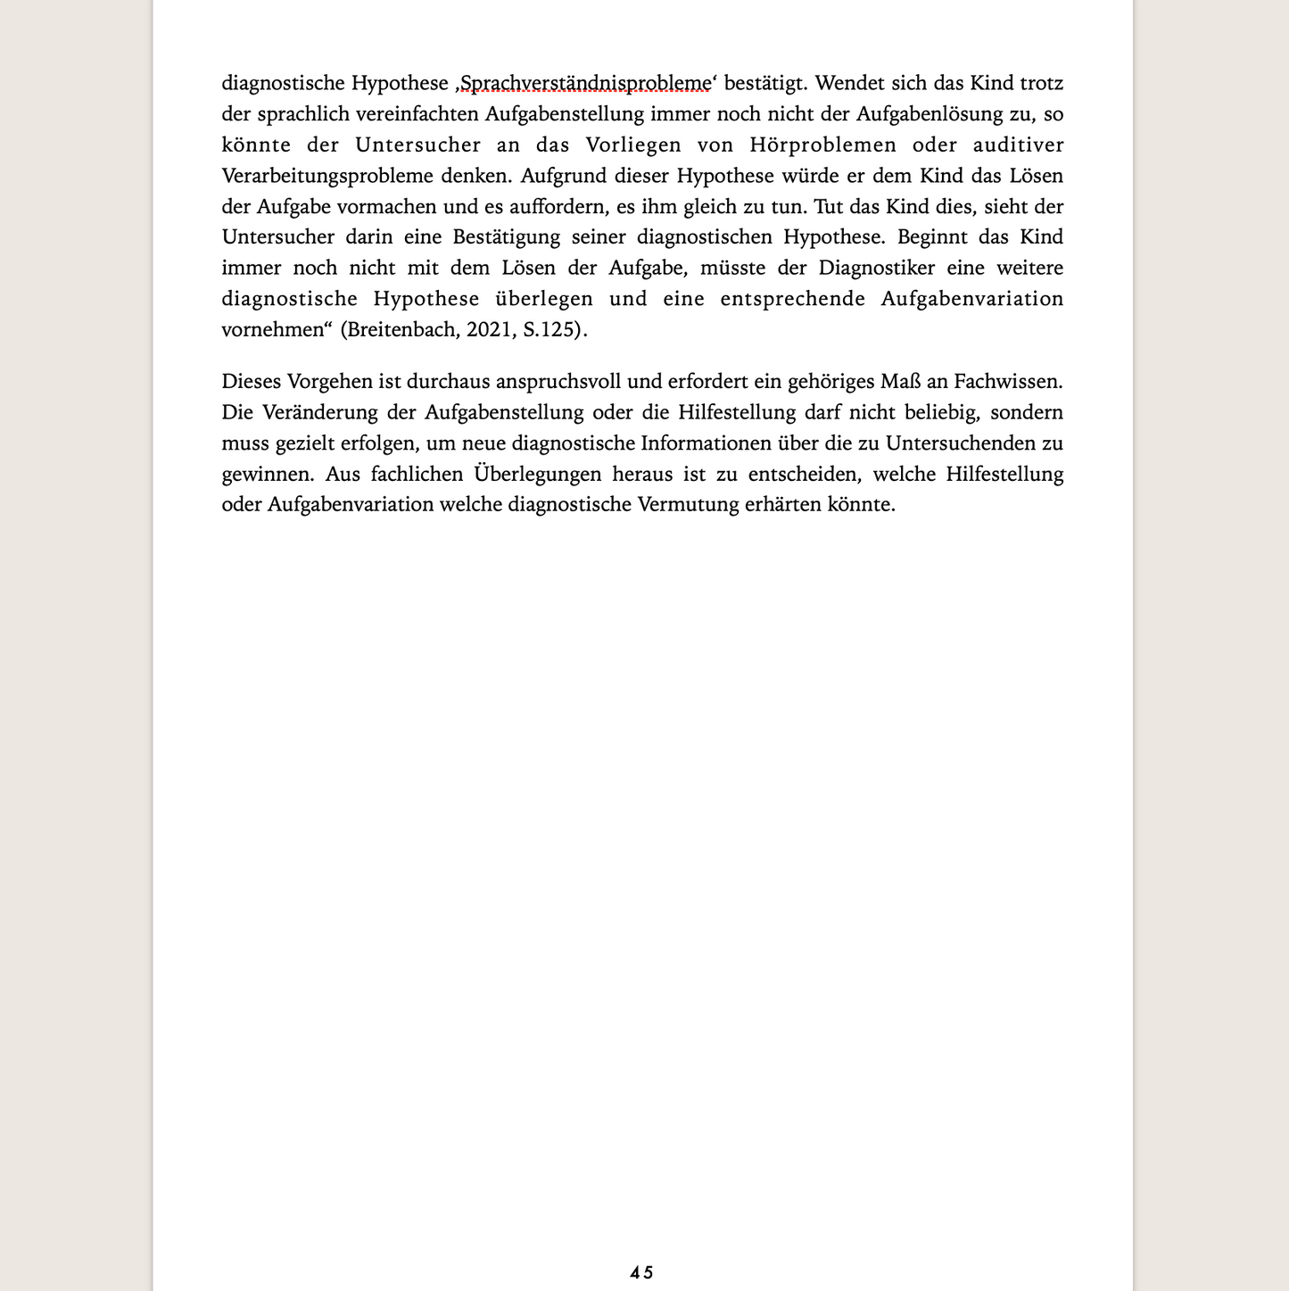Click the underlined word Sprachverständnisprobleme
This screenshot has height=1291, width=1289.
(x=584, y=84)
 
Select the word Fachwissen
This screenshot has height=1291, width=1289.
(x=1008, y=382)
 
